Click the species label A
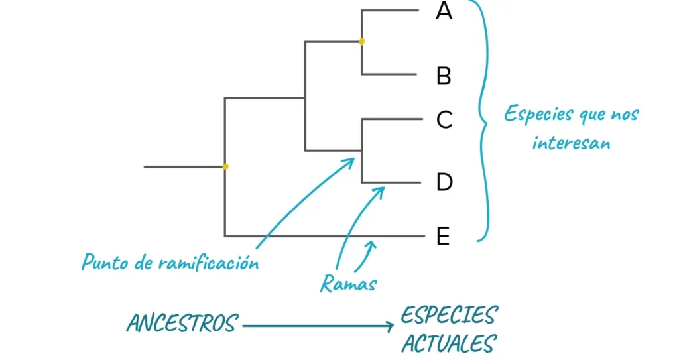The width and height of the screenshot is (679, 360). (444, 11)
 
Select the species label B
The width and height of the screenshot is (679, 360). (444, 76)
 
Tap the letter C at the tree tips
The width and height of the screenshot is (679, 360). (444, 120)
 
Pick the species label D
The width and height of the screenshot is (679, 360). (444, 182)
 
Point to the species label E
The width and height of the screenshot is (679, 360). (444, 236)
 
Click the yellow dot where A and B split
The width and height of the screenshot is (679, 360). (361, 42)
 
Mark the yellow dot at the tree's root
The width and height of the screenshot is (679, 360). (225, 166)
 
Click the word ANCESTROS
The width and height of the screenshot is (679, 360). (182, 324)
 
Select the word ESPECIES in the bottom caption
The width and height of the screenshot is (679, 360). (449, 315)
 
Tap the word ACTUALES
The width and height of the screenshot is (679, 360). (449, 344)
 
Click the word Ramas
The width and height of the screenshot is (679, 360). (348, 284)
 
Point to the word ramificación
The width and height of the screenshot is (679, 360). (208, 263)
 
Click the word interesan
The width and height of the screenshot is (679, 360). (571, 143)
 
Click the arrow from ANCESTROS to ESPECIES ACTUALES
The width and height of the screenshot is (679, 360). (318, 326)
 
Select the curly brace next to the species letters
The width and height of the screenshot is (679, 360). (485, 119)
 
